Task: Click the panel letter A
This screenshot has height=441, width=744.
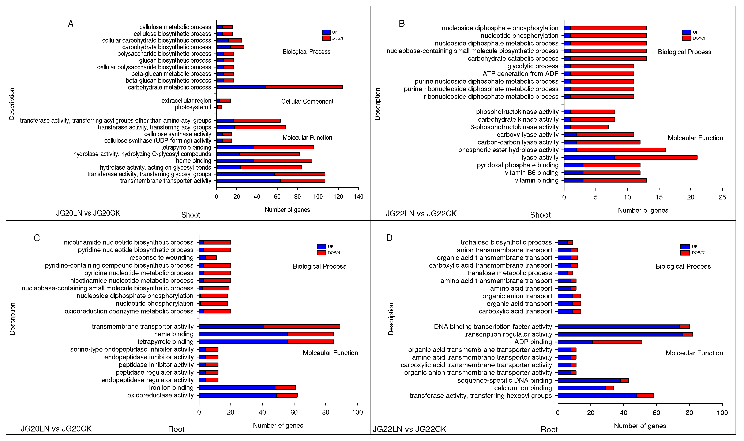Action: coord(71,24)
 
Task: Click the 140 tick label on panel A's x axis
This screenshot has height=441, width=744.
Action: coord(358,197)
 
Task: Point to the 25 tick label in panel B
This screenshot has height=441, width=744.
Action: coord(722,197)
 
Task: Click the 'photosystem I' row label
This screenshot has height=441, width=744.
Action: coord(193,107)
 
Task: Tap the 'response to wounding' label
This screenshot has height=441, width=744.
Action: coord(161,258)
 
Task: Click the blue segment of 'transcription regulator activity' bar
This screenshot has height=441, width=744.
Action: coord(620,334)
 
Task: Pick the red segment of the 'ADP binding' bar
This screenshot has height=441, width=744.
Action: coord(617,342)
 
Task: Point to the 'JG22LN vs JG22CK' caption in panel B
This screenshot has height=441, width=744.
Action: coord(421,214)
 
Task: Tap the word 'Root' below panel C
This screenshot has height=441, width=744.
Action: coord(176,429)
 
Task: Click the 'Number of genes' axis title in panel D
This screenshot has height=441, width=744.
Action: coord(640,426)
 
